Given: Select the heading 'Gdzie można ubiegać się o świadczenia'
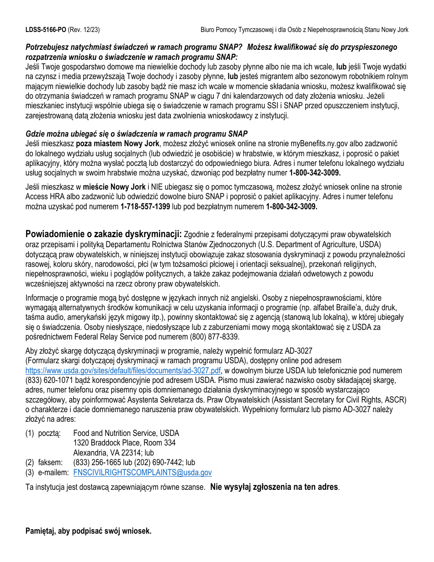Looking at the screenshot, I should pyautogui.click(x=136, y=133).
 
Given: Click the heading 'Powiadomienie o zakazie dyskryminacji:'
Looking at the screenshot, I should pyautogui.click(x=104, y=234).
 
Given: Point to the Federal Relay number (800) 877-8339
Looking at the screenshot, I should pyautogui.click(x=214, y=337).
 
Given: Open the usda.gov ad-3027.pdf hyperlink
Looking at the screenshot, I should pyautogui.click(x=123, y=371).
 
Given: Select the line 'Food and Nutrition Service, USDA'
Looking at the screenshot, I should pyautogui.click(x=126, y=433).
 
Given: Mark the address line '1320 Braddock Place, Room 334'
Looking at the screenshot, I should pyautogui.click(x=124, y=443).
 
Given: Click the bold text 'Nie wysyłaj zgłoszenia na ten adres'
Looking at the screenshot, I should pyautogui.click(x=274, y=487).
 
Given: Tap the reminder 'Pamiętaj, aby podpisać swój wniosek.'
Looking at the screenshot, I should pyautogui.click(x=88, y=531).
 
